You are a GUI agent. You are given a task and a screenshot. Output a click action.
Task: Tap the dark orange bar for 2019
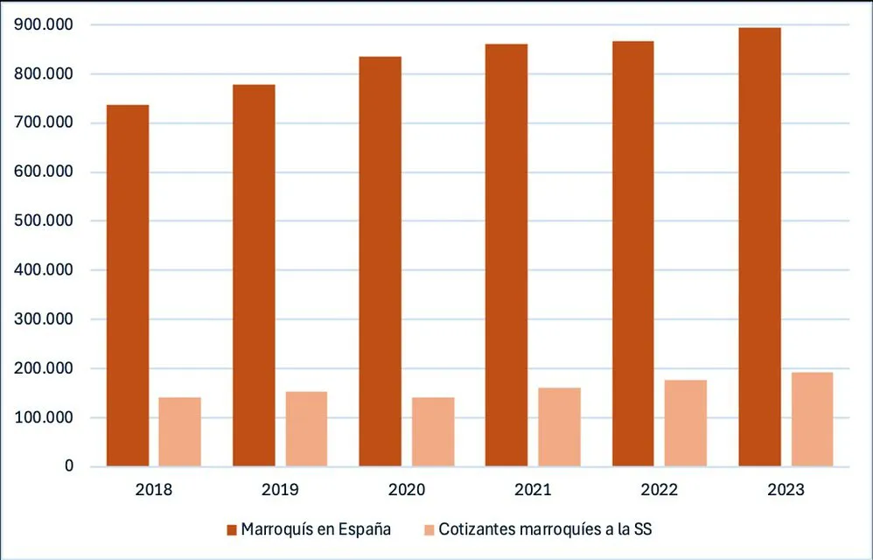[x=254, y=275]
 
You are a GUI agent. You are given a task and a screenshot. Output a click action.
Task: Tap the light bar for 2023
[x=812, y=419]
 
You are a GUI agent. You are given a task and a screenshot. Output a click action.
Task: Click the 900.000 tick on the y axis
[x=45, y=25]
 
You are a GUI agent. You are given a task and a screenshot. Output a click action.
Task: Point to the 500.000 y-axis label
[x=45, y=221]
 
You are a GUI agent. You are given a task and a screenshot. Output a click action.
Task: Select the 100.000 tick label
[x=45, y=417]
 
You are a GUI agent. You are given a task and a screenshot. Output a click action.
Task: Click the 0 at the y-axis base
[x=68, y=466]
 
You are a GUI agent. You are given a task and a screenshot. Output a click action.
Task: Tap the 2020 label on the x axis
[x=407, y=489]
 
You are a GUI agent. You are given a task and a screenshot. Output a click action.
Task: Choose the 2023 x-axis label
[x=786, y=489]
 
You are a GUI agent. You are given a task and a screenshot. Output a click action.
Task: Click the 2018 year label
[x=154, y=489]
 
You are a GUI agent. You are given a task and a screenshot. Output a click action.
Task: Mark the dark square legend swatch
[x=232, y=529]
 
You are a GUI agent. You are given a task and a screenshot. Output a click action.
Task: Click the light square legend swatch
[x=430, y=529]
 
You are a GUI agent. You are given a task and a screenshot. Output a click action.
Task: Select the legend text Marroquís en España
[x=316, y=529]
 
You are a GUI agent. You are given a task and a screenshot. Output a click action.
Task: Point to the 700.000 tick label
[x=45, y=123]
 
